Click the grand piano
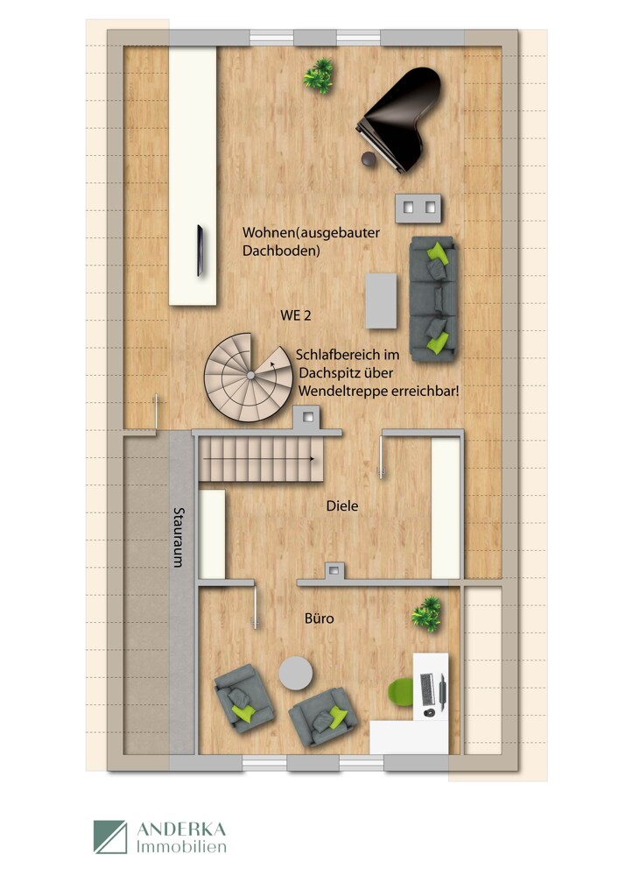[x=403, y=118]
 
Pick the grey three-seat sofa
[x=432, y=298]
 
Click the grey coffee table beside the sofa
[x=382, y=300]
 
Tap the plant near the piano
[x=320, y=75]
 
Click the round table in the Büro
[x=295, y=675]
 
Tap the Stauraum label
[x=179, y=537]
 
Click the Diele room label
[x=342, y=505]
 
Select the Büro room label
[x=319, y=618]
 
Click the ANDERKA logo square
[x=110, y=837]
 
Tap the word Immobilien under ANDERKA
[x=181, y=847]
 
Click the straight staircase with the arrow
[x=258, y=459]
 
